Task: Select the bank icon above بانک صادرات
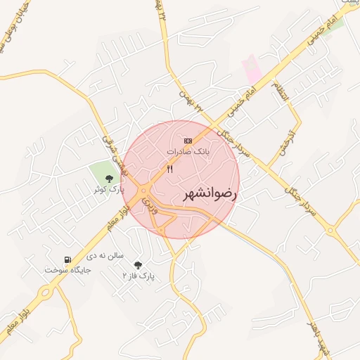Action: point(187,141)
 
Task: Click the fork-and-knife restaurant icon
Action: point(169,169)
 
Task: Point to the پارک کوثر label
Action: point(110,190)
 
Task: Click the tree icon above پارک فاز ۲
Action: point(137,264)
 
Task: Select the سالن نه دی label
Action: point(106,256)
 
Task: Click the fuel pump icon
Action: point(67,259)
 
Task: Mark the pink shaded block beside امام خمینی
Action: point(252,69)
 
